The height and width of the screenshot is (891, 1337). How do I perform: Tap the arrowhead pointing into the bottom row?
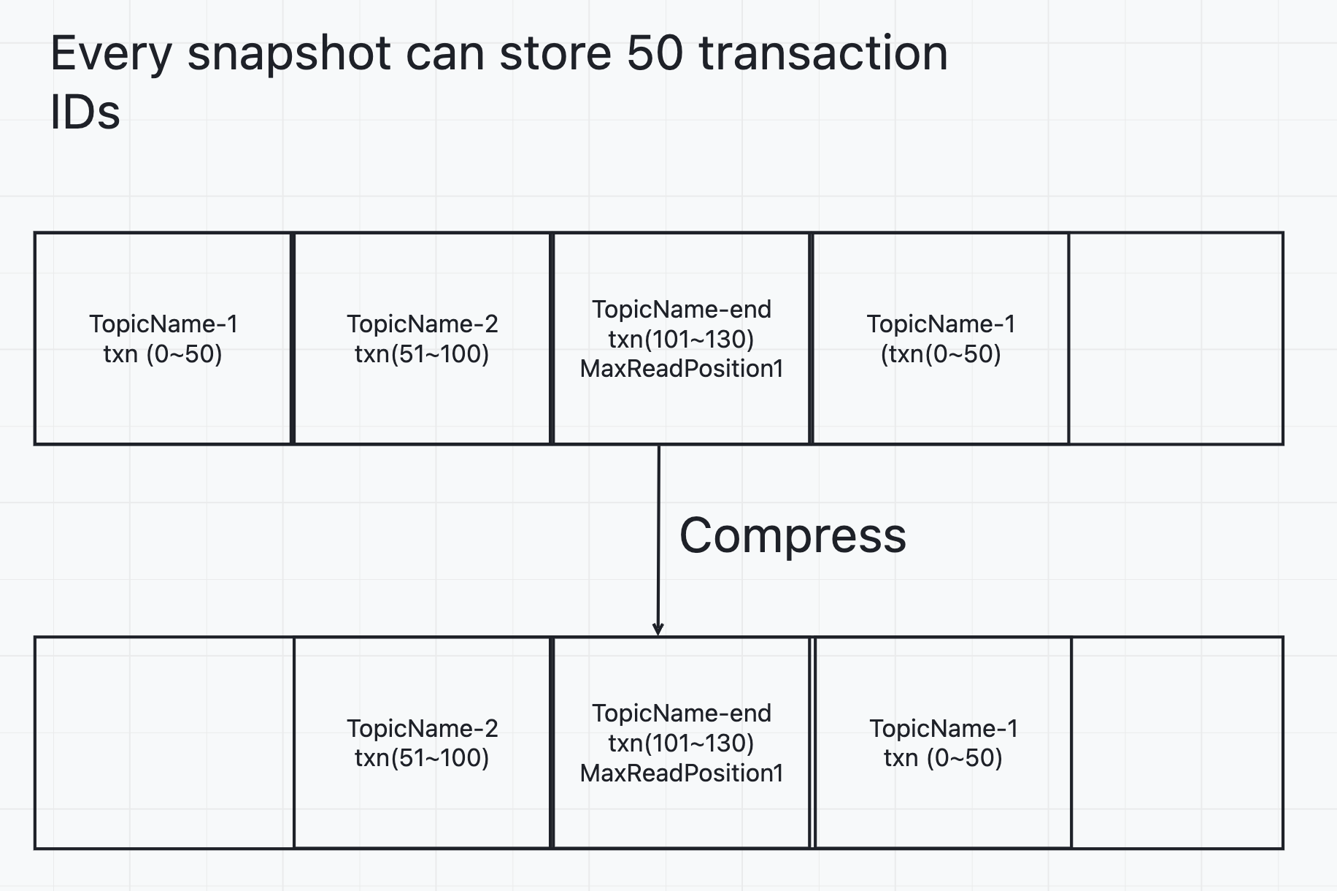658,629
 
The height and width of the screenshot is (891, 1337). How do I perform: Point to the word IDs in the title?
85,112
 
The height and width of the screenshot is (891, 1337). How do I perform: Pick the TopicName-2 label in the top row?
423,324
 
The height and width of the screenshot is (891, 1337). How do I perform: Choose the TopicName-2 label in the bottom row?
423,728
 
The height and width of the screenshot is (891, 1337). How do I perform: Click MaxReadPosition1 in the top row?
682,369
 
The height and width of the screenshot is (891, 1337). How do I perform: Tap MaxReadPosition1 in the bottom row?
682,773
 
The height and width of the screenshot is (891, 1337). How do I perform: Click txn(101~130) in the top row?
682,340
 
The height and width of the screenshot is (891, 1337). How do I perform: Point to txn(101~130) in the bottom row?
682,743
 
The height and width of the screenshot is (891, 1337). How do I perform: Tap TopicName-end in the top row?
682,310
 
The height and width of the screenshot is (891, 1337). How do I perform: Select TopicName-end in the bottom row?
682,714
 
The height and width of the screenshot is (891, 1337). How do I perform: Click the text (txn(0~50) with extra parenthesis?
941,354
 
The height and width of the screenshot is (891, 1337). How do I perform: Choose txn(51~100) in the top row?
423,354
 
